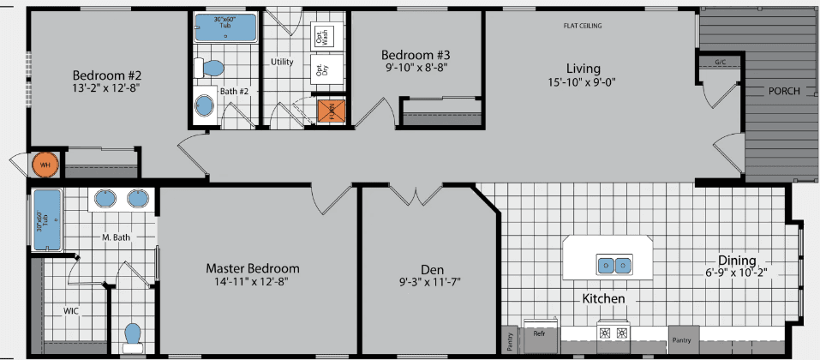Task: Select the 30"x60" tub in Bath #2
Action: (x=225, y=27)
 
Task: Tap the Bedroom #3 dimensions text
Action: (x=415, y=66)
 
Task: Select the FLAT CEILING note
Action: (x=582, y=26)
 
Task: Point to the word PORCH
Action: (x=783, y=90)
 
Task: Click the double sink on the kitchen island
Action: (x=614, y=265)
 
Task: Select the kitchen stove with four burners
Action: (x=614, y=333)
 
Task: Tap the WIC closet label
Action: (x=71, y=310)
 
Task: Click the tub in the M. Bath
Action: (x=47, y=219)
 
